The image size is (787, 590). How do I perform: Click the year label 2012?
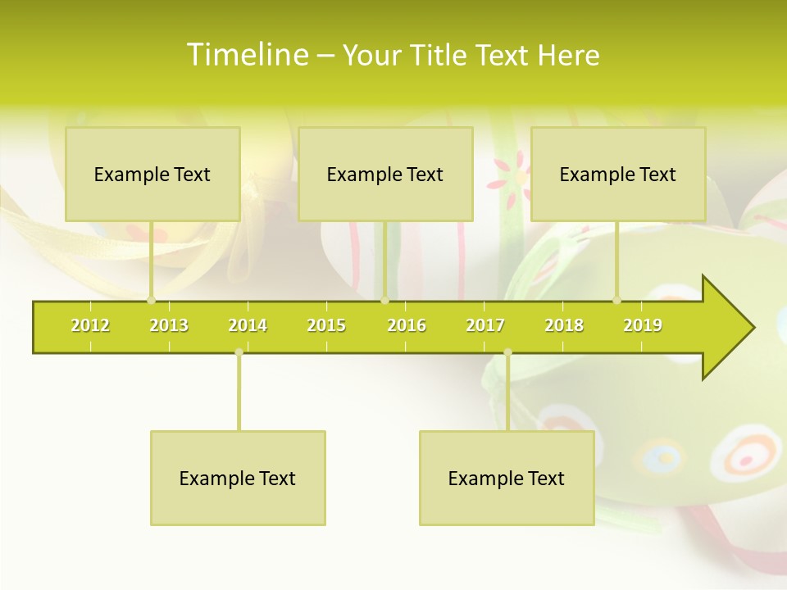[90, 325]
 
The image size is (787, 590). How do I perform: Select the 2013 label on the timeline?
[169, 325]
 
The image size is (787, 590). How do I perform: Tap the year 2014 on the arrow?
[248, 325]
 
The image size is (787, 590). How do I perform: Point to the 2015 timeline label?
[326, 325]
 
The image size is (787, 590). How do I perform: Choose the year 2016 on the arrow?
[407, 325]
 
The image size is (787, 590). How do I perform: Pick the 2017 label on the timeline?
[485, 325]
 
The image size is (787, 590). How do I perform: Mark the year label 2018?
[564, 325]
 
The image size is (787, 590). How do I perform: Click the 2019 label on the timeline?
[643, 325]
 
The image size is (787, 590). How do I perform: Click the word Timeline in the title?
[246, 55]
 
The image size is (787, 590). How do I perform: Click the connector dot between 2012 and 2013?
[151, 300]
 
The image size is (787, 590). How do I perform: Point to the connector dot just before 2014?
[239, 352]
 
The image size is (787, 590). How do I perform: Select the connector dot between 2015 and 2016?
[384, 300]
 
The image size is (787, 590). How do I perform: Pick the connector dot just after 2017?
[507, 352]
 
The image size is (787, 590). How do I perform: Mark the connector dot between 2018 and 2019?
[617, 300]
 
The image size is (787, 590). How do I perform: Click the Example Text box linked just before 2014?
[238, 478]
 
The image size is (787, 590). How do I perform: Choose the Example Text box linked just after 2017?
[507, 478]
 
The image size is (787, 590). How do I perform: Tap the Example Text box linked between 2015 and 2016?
[385, 174]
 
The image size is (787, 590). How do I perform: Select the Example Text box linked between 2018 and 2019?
[618, 174]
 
